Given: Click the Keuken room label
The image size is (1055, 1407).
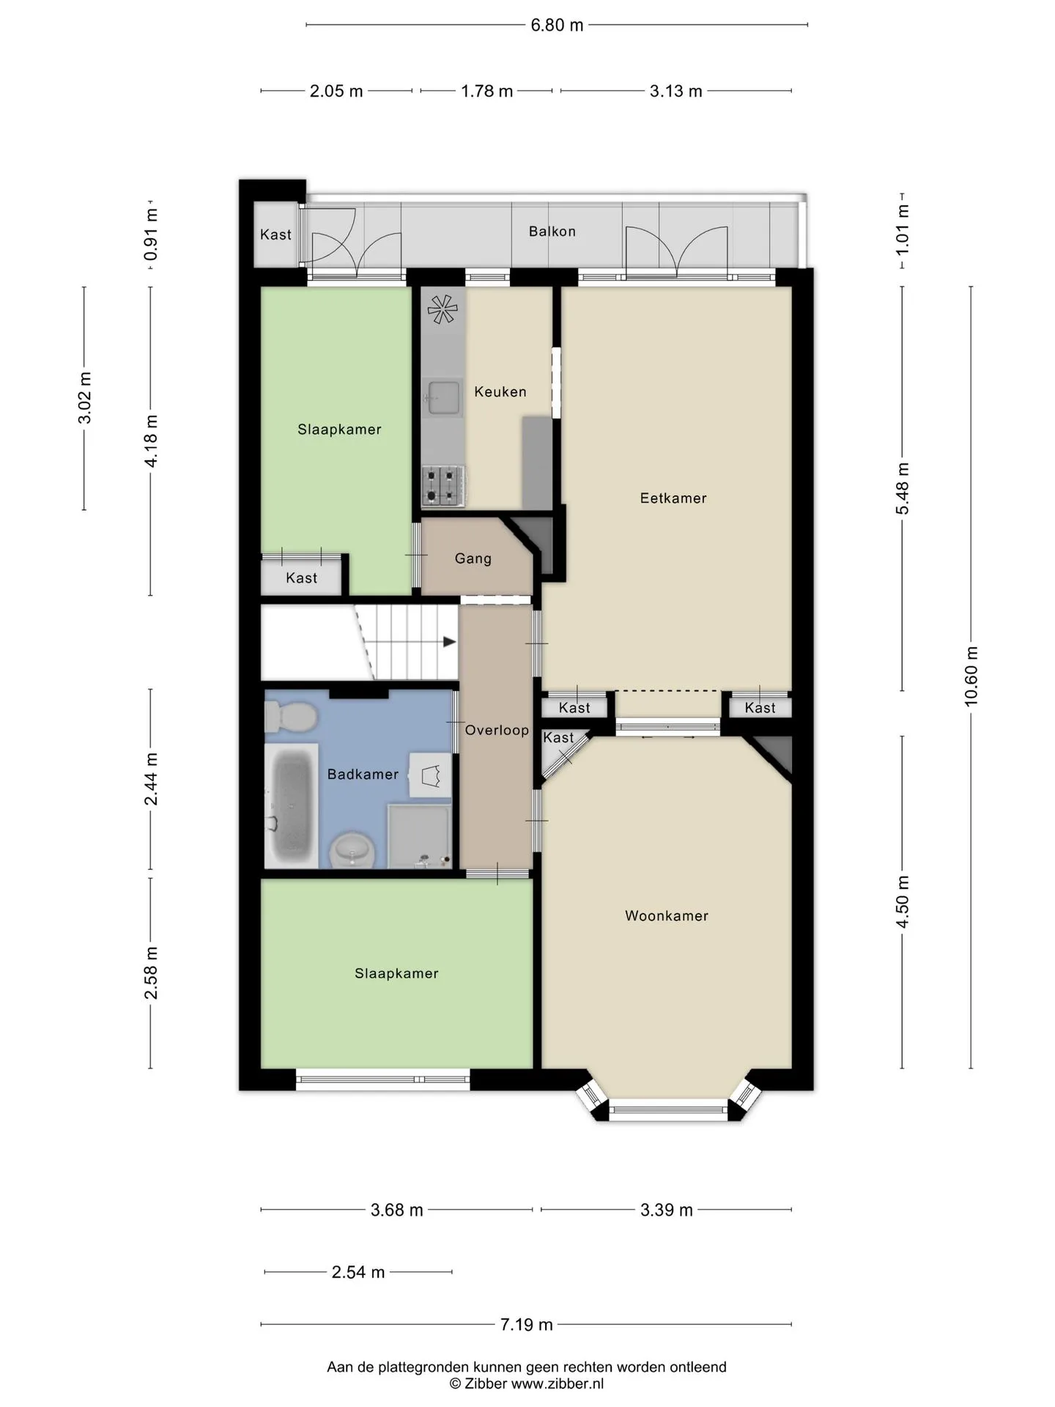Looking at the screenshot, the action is pyautogui.click(x=500, y=392).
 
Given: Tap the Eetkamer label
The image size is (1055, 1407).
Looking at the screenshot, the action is pyautogui.click(x=673, y=498).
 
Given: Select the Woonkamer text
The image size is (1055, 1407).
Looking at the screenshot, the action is pyautogui.click(x=667, y=916).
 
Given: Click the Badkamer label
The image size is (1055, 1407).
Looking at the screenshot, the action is pyautogui.click(x=363, y=775).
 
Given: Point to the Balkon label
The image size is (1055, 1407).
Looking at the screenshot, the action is pyautogui.click(x=552, y=232).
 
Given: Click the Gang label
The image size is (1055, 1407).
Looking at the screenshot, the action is pyautogui.click(x=473, y=558).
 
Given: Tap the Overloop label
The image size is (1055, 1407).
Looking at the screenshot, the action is pyautogui.click(x=497, y=731).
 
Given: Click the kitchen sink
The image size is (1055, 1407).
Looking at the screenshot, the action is pyautogui.click(x=443, y=398).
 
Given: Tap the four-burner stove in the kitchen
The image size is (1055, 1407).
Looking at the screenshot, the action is pyautogui.click(x=443, y=486).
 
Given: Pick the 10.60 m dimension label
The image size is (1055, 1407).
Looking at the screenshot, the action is pyautogui.click(x=971, y=676).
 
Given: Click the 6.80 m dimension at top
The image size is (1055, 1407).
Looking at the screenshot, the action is pyautogui.click(x=558, y=26).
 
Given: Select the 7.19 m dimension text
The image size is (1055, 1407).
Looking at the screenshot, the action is pyautogui.click(x=527, y=1324).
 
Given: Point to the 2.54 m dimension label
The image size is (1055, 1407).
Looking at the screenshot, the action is pyautogui.click(x=358, y=1272).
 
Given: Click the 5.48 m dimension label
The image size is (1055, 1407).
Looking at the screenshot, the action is pyautogui.click(x=903, y=489).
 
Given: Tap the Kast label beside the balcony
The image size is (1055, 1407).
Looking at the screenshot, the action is pyautogui.click(x=275, y=235).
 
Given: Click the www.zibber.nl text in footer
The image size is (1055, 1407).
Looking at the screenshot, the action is pyautogui.click(x=558, y=1384).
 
